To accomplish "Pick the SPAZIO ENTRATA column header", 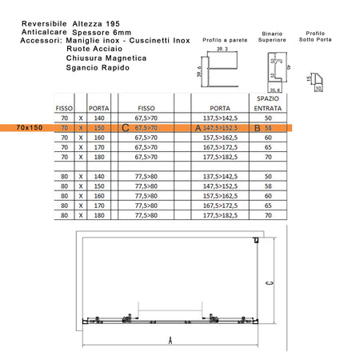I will coord(266,102).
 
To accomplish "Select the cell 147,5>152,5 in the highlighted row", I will coord(220,127).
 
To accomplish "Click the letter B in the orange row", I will coord(256,127).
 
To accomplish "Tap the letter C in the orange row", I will coord(123,127).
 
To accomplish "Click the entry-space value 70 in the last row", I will coord(266,214).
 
